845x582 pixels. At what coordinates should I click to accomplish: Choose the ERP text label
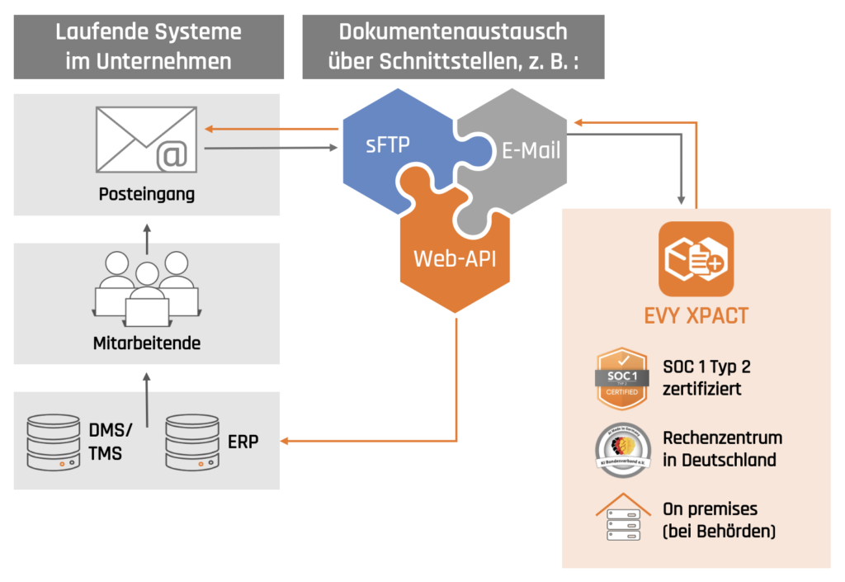click(243, 442)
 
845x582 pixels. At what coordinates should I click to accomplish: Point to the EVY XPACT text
click(696, 316)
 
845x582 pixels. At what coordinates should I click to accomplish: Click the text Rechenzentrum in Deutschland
click(722, 448)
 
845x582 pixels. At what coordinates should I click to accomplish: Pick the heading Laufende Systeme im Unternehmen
click(149, 46)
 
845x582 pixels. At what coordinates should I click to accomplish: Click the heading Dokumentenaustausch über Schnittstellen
click(453, 46)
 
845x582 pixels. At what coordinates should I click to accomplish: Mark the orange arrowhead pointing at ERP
click(286, 442)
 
